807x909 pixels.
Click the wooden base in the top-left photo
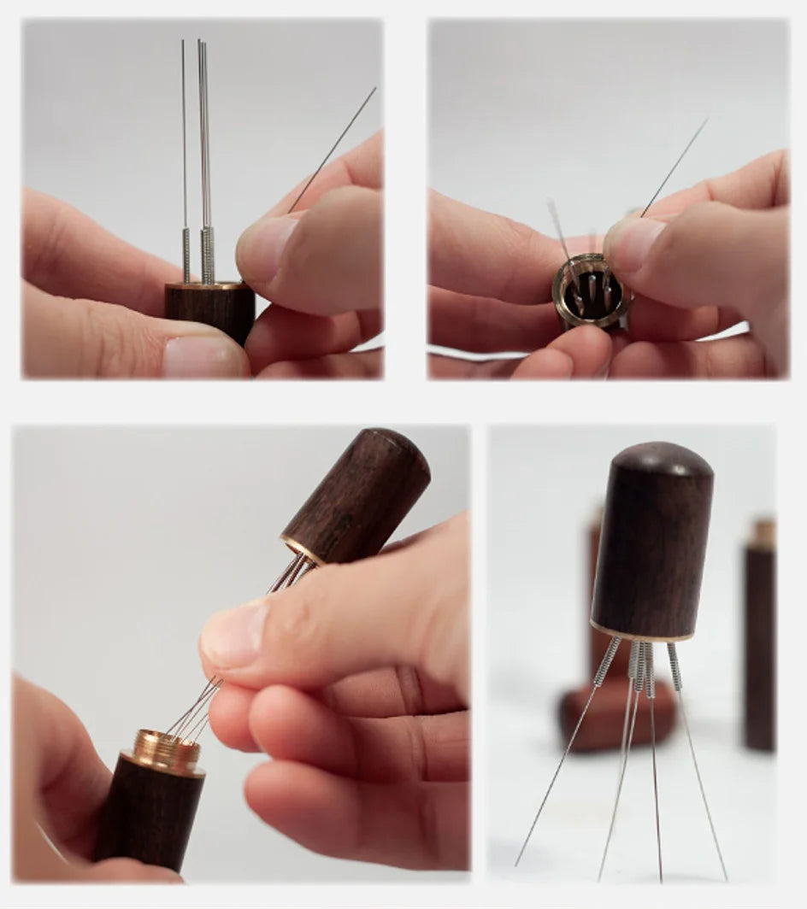[x=210, y=313]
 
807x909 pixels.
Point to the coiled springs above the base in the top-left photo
[x=205, y=254]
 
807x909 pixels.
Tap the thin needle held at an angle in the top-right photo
[x=675, y=166]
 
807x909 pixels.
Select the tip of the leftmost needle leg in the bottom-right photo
[x=517, y=864]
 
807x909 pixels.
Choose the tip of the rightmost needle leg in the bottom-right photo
[x=726, y=877]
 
